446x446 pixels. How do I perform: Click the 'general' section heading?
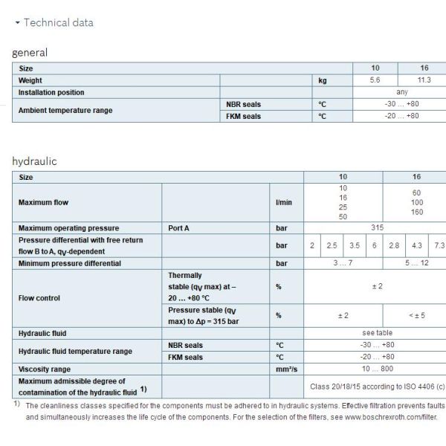[30, 53]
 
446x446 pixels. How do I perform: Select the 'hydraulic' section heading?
[34, 161]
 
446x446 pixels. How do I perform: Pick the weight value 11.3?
[421, 80]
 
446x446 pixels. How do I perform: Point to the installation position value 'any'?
[401, 92]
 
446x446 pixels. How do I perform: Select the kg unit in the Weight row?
[322, 80]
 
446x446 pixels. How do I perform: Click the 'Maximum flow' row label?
[44, 202]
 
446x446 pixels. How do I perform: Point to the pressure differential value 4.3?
[417, 245]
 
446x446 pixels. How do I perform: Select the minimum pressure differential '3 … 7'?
[343, 263]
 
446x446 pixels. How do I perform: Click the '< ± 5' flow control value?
[416, 315]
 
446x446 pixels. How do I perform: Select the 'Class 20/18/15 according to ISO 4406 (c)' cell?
[376, 387]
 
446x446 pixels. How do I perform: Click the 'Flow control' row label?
[40, 298]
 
